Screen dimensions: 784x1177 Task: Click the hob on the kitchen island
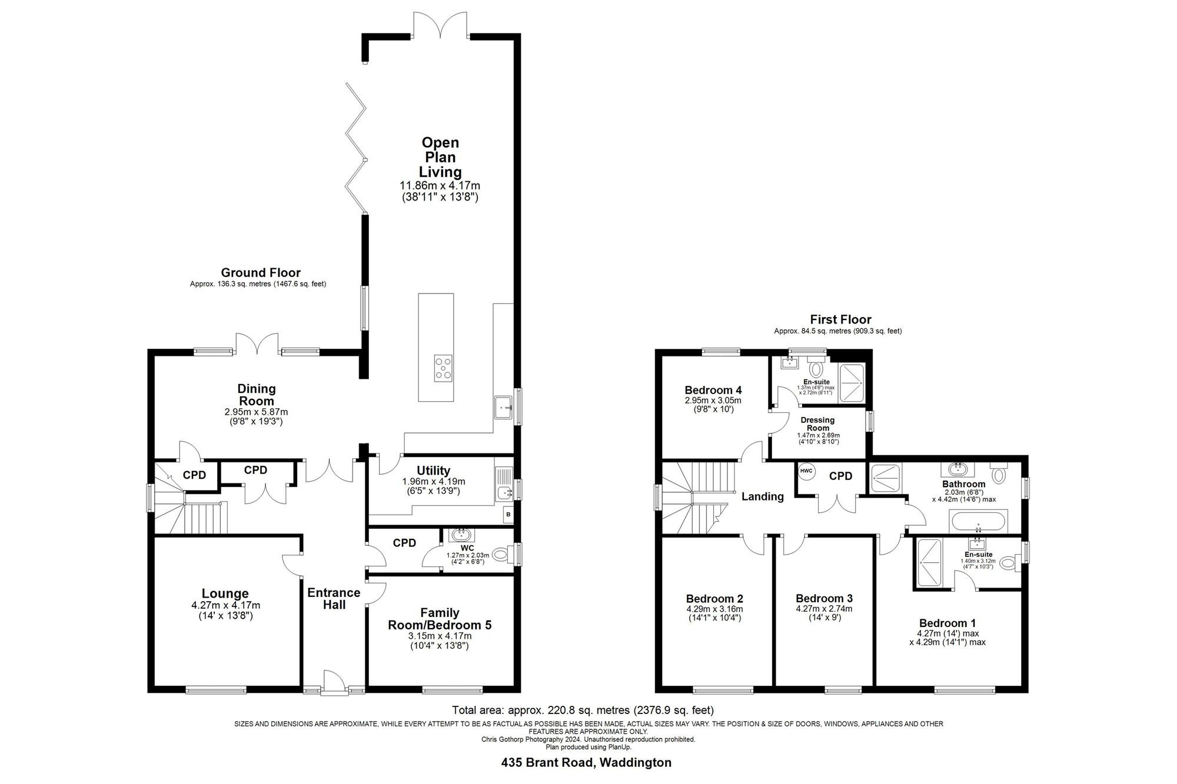coord(444,369)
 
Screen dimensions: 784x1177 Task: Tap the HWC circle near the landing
coord(806,471)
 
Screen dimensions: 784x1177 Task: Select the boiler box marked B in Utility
coord(507,515)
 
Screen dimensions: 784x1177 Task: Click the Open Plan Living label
coord(440,157)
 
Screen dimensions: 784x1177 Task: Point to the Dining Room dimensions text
coord(256,416)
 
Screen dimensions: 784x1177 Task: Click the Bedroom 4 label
coord(713,390)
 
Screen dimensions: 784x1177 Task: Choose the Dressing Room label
coord(817,423)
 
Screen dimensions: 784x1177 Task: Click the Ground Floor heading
coord(260,272)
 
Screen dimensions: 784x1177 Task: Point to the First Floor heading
coord(840,319)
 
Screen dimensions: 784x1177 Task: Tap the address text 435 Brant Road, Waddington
coord(586,763)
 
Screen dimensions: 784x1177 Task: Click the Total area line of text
coord(583,710)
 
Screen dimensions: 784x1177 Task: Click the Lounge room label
coord(225,593)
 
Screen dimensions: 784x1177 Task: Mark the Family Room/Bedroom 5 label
coord(439,619)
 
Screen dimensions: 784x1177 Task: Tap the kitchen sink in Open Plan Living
coord(503,406)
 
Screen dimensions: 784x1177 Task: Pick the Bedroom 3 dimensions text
coord(823,613)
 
